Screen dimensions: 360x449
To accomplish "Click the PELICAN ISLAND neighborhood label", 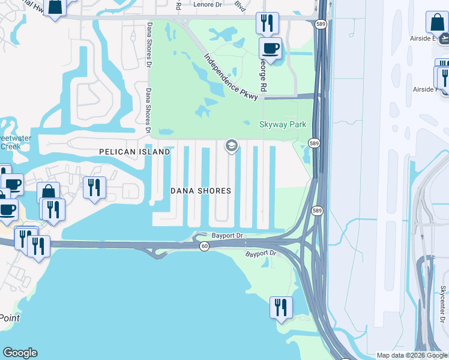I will (x=134, y=152).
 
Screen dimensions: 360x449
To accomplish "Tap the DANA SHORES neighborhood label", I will (x=200, y=191).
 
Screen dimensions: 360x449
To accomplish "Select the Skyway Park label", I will (x=282, y=125).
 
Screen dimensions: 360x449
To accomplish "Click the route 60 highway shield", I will (x=204, y=247).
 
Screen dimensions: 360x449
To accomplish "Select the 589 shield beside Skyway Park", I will (x=314, y=143).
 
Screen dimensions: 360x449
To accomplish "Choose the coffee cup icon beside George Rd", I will (x=270, y=48).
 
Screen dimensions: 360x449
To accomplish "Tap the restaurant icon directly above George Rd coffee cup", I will (x=267, y=23).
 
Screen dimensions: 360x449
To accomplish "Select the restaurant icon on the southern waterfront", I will (x=280, y=307).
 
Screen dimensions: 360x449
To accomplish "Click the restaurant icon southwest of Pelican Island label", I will (x=94, y=187).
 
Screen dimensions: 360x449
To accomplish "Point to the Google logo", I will (x=20, y=353).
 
